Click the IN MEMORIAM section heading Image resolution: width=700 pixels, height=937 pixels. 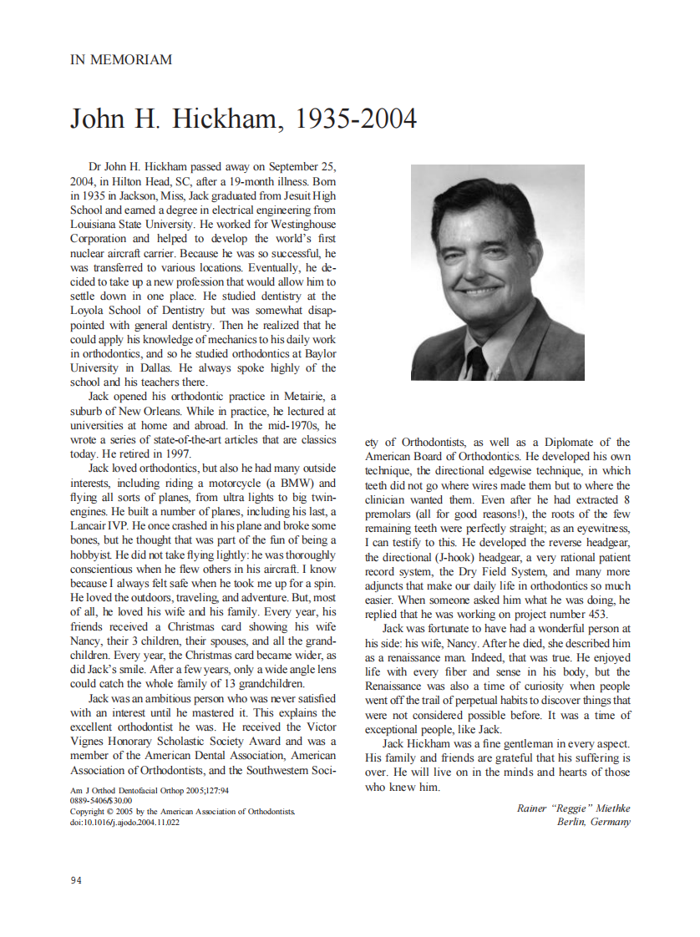(x=121, y=59)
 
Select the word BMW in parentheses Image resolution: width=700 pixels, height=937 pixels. (x=276, y=484)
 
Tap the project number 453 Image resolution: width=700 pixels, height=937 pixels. (x=591, y=614)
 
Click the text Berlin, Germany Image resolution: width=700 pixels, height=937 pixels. (x=594, y=822)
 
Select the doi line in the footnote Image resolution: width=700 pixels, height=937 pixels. (x=124, y=822)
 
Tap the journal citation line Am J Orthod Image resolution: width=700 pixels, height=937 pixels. (x=150, y=789)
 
